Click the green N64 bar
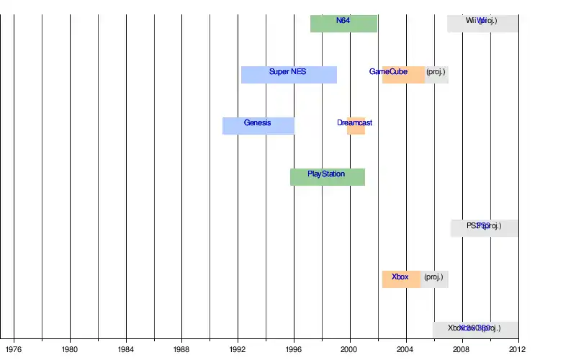tap(343, 23)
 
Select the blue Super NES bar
tap(289, 74)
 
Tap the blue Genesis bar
tap(258, 125)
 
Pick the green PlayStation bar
tap(328, 176)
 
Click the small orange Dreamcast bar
tap(356, 125)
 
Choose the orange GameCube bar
tap(403, 74)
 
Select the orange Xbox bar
tap(401, 279)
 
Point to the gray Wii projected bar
tap(482, 23)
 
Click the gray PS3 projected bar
tap(484, 228)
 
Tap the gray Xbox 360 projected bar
tap(475, 330)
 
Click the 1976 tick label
tap(14, 350)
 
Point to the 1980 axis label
tap(70, 350)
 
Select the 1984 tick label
tap(126, 350)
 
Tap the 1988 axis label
tap(181, 350)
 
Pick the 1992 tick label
tap(238, 350)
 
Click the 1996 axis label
tap(294, 350)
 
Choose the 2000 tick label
tap(350, 350)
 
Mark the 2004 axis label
tap(406, 350)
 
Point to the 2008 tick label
tap(462, 350)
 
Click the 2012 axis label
tap(517, 350)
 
